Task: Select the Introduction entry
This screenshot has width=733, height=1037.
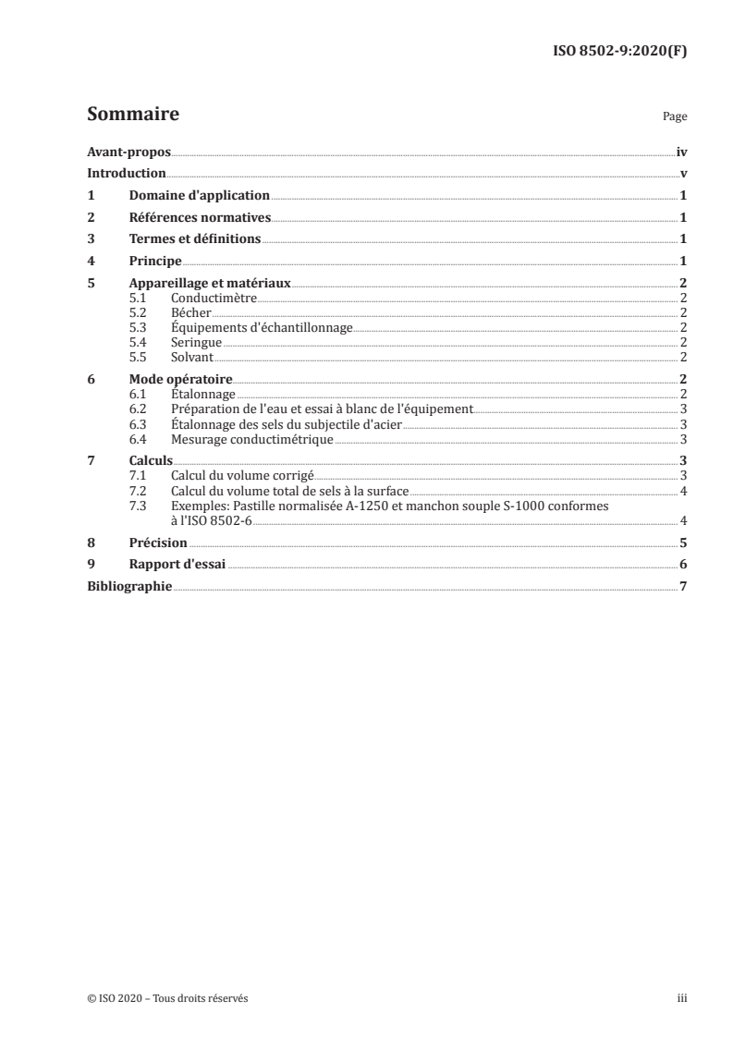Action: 126,174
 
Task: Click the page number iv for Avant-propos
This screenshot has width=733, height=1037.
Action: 681,152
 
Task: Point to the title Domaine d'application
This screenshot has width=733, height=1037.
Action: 199,196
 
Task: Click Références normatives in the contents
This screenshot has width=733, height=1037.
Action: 199,218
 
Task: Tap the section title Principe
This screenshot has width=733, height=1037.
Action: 154,262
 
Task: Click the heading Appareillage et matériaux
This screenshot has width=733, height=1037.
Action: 209,284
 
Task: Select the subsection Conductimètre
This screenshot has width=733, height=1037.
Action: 214,298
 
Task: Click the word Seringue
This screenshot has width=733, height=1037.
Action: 196,342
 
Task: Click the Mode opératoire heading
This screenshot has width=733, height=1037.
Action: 180,379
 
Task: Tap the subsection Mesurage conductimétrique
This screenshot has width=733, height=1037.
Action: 251,439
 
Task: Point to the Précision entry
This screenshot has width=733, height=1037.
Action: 158,543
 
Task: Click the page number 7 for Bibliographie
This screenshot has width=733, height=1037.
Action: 682,587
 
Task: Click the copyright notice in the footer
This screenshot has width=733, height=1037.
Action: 167,998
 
